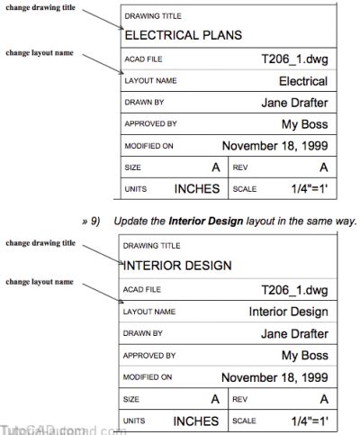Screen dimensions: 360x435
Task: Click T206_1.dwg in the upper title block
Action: [293, 59]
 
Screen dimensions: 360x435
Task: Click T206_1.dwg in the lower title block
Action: [293, 288]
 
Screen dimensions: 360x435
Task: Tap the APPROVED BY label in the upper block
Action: [150, 124]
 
